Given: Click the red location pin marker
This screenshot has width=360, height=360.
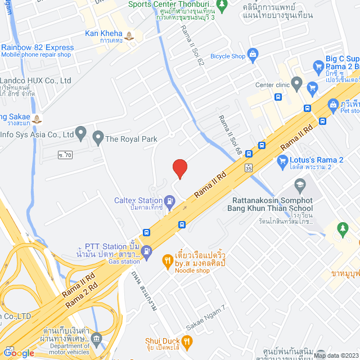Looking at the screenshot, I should tap(179, 168).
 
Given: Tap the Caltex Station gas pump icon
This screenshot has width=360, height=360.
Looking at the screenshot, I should tap(169, 200).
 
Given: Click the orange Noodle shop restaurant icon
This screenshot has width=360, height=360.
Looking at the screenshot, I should tap(167, 260).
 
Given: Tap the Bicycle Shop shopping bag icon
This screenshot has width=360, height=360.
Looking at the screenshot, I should tap(252, 54).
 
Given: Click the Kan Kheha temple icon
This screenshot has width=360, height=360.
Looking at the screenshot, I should tap(130, 37).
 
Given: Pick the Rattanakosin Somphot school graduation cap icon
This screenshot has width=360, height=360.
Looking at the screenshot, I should tap(301, 184).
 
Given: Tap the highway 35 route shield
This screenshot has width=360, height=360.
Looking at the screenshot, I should tap(249, 167).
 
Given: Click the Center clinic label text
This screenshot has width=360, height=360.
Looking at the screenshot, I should tap(272, 85).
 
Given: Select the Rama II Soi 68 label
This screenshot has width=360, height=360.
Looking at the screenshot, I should tap(230, 136).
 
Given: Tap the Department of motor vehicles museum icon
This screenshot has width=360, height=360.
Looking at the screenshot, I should tap(97, 337).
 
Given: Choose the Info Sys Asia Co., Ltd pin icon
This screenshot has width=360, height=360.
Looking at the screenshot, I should tap(81, 134).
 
